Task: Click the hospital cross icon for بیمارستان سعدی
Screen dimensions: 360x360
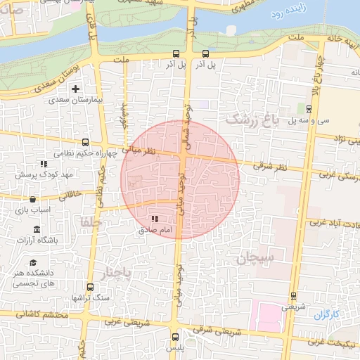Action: click(76, 89)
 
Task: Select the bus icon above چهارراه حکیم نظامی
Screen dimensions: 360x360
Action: click(86, 141)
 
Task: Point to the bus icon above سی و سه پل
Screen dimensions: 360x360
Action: click(309, 108)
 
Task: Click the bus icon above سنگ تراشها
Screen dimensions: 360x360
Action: click(90, 287)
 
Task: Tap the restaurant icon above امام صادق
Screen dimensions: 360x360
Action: click(155, 219)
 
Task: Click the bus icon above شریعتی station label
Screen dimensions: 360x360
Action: click(293, 296)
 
